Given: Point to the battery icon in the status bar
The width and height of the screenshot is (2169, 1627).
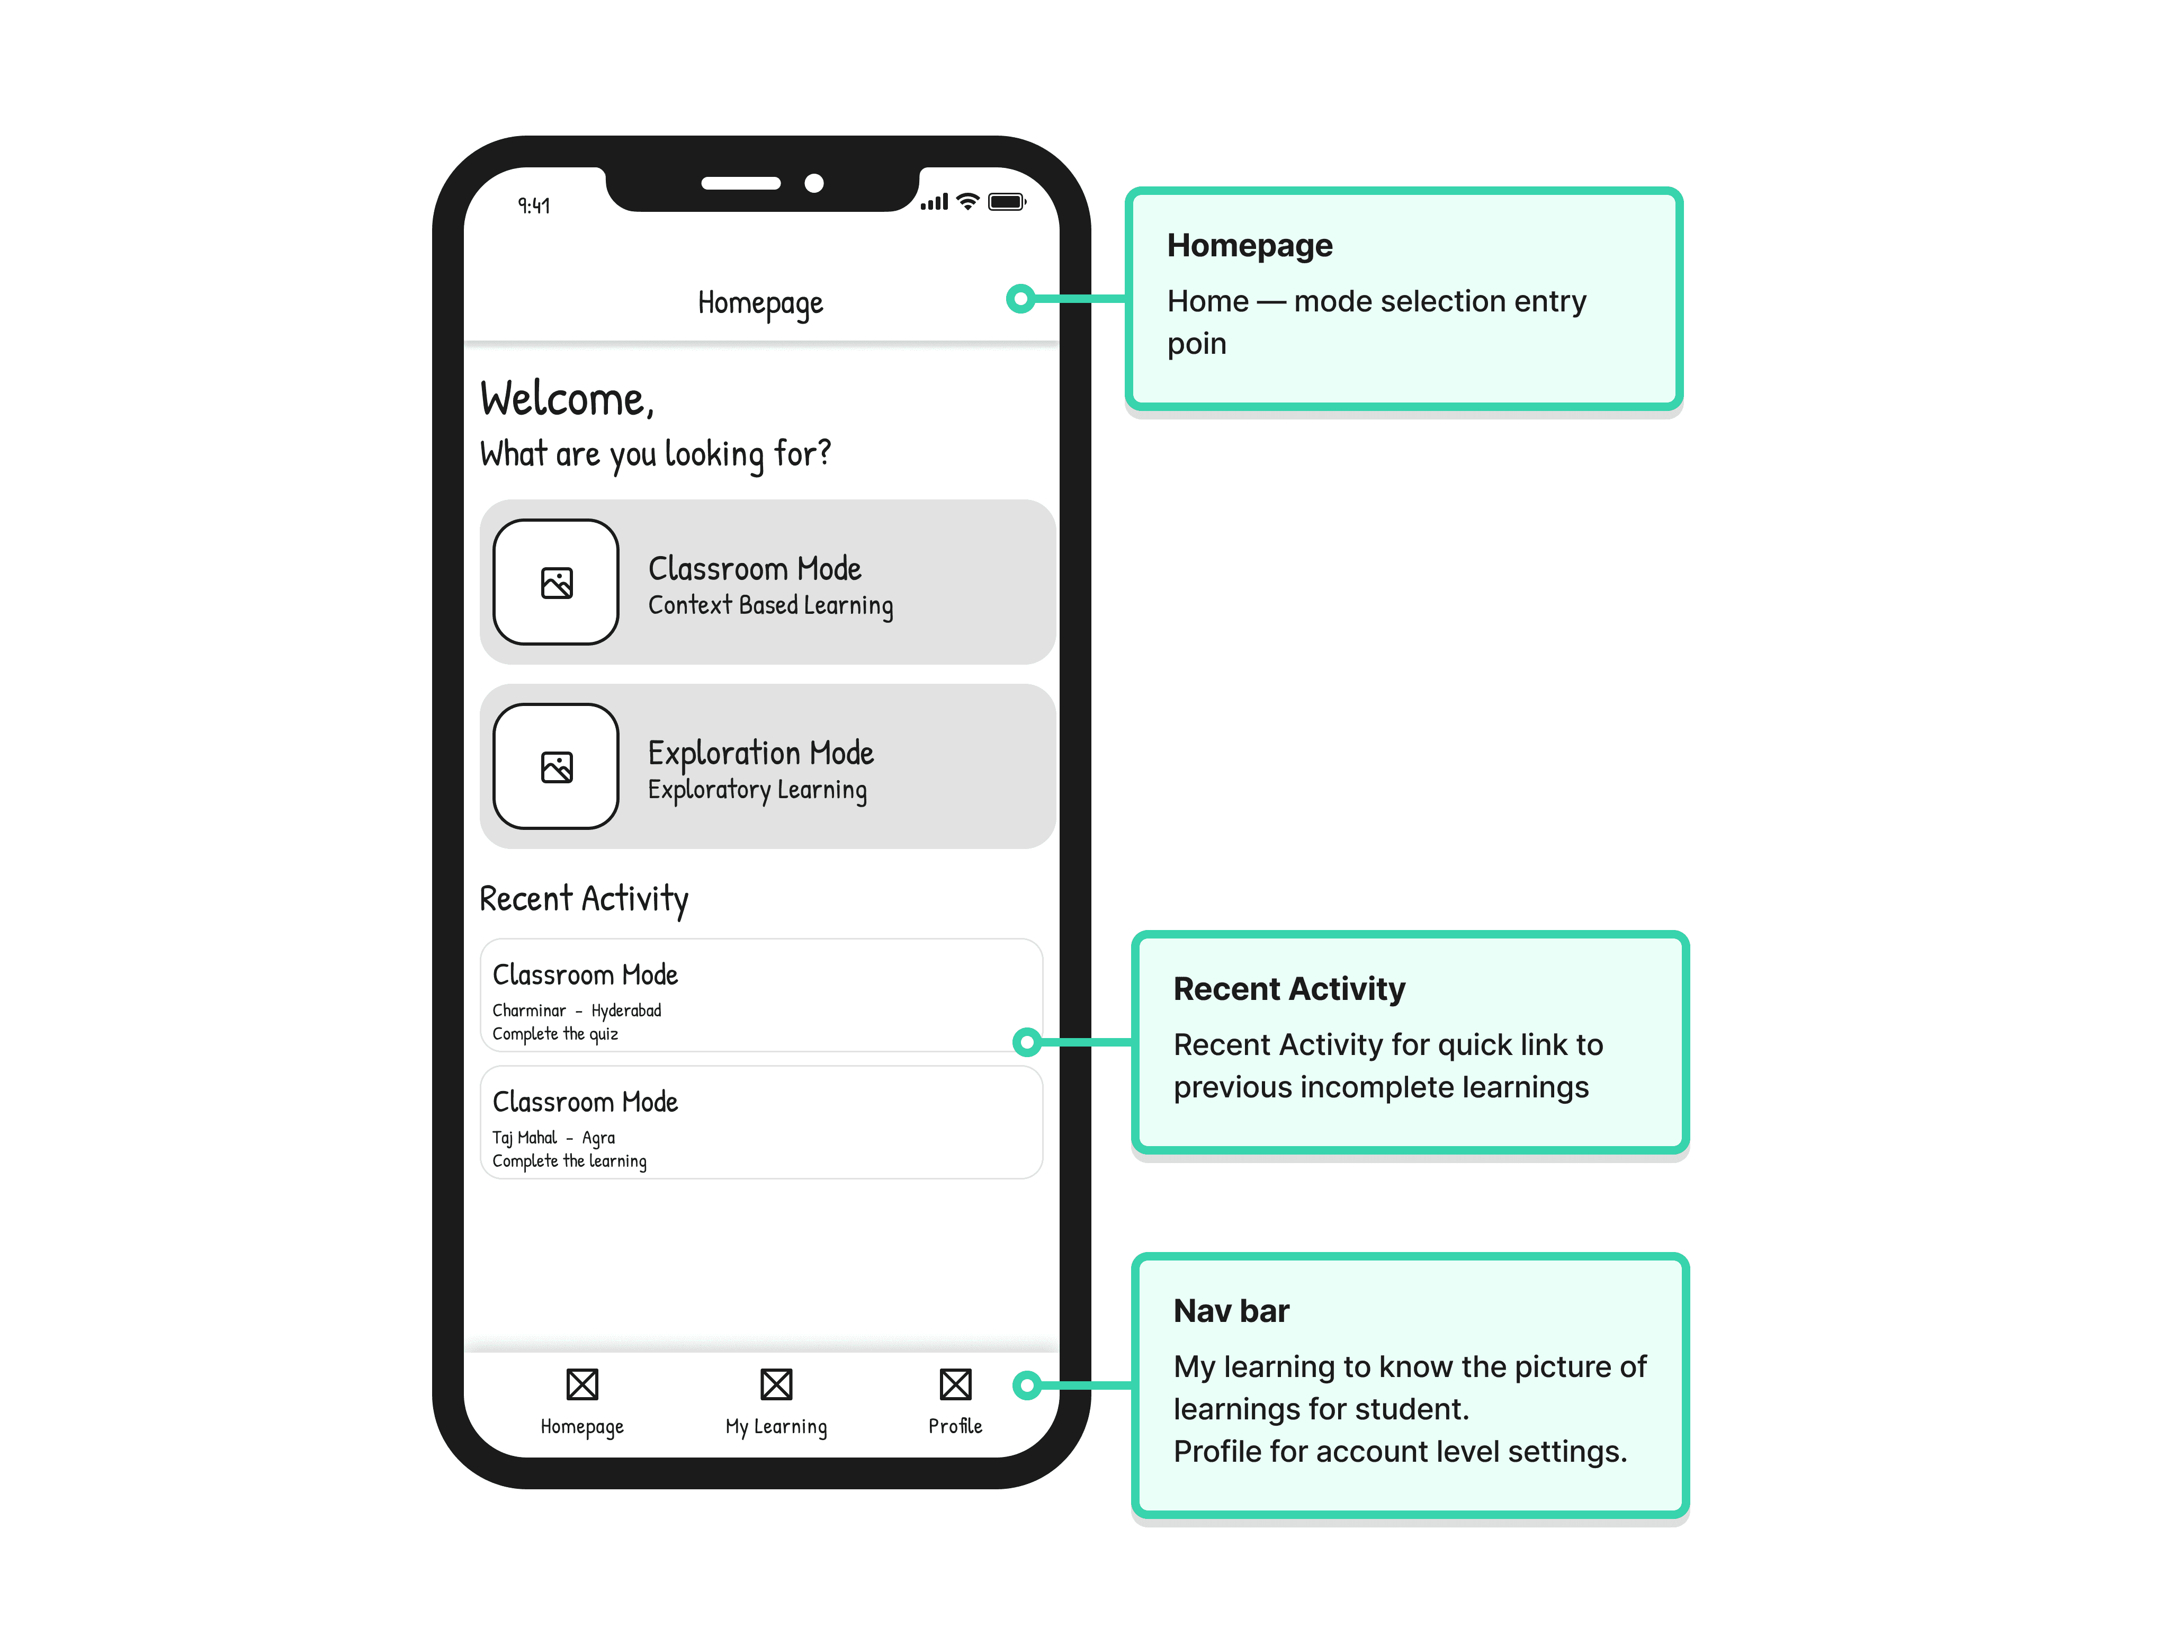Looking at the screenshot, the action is click(1007, 202).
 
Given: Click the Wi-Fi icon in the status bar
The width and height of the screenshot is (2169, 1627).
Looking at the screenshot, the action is click(968, 201).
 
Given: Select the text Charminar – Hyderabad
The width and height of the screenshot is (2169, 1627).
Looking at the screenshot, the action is click(577, 1010).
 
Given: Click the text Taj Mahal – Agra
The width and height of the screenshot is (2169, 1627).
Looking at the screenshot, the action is click(554, 1138).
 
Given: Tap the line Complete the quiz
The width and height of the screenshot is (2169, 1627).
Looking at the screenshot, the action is click(555, 1034).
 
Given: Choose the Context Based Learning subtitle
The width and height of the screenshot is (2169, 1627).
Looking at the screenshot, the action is click(770, 605).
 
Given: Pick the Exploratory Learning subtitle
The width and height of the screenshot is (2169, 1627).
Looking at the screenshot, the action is click(757, 790).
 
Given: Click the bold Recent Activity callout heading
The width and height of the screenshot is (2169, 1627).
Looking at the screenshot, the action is click(1289, 989).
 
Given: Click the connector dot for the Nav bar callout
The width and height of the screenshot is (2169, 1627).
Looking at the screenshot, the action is click(1027, 1385).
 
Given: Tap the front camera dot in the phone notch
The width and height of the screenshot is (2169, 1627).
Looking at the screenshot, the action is click(814, 183).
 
